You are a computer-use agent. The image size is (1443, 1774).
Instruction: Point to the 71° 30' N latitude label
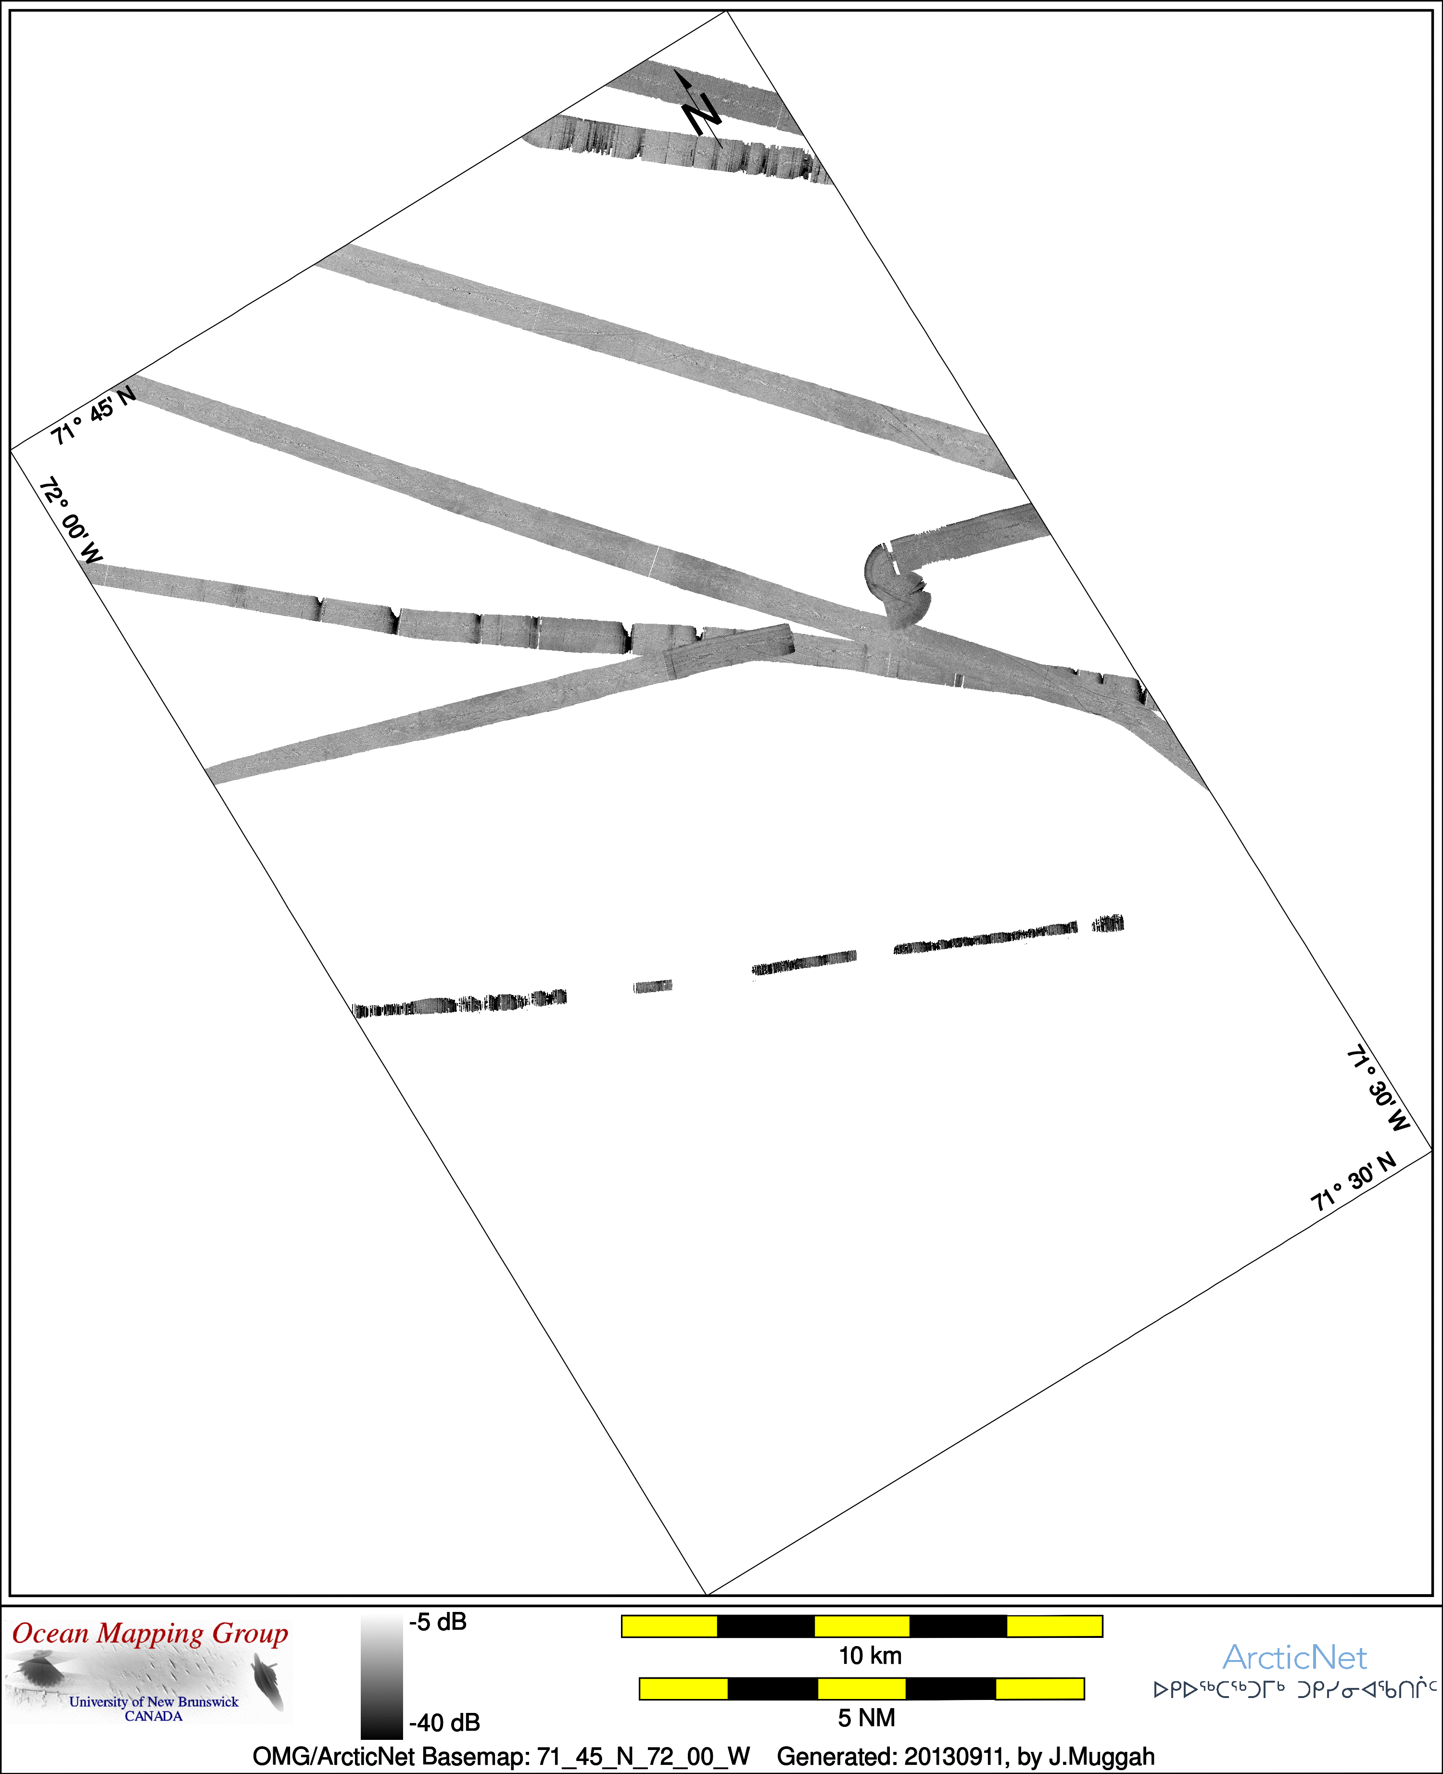coord(1353,1183)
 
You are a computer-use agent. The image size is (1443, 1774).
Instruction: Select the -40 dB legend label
coord(445,1723)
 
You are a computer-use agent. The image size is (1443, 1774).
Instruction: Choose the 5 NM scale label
coord(866,1718)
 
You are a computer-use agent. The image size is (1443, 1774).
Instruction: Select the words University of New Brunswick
coord(154,1702)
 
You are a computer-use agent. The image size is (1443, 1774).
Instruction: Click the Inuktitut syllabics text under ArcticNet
coord(1295,1689)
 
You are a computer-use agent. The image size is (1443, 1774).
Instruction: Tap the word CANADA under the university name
coord(154,1716)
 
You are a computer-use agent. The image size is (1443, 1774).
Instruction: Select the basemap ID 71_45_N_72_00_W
coord(644,1757)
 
